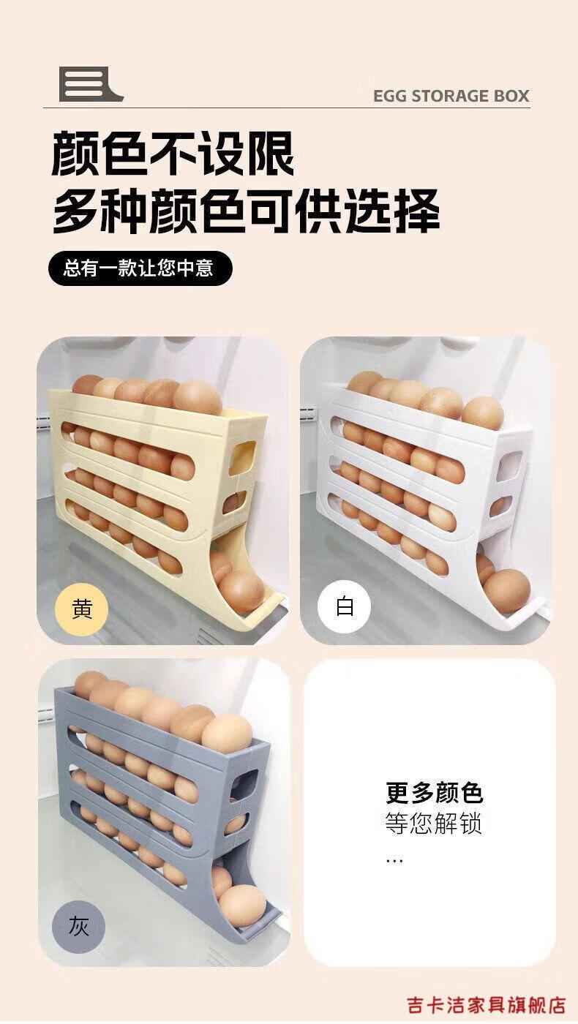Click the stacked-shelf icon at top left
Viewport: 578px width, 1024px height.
tap(91, 84)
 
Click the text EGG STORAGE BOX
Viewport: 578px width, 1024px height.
tap(451, 97)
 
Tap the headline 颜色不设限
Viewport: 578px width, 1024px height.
tap(173, 153)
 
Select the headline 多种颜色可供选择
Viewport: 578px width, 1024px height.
tap(246, 211)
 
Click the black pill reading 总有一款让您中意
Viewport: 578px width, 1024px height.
tap(140, 268)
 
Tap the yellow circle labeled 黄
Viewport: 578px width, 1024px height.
tap(81, 609)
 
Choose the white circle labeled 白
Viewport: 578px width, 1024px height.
tap(344, 606)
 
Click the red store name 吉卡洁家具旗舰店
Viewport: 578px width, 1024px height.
tap(487, 1005)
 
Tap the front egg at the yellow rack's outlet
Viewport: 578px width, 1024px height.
tap(241, 592)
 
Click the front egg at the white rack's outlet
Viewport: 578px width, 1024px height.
tap(506, 592)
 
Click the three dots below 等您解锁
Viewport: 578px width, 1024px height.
tap(394, 862)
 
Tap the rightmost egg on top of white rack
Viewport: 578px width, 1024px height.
tap(482, 413)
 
